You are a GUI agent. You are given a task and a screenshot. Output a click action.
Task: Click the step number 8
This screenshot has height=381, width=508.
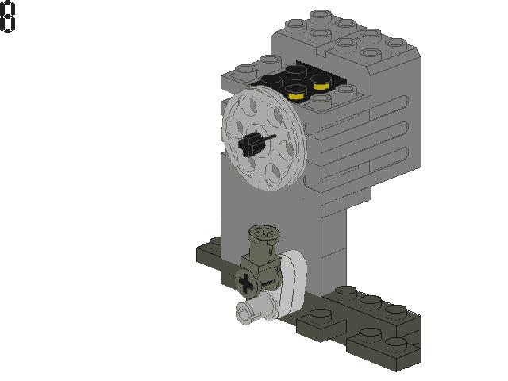8,17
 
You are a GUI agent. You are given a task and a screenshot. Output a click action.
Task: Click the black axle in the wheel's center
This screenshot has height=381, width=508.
251,144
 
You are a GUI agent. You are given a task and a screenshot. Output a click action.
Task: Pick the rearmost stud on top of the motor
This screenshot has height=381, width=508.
321,14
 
